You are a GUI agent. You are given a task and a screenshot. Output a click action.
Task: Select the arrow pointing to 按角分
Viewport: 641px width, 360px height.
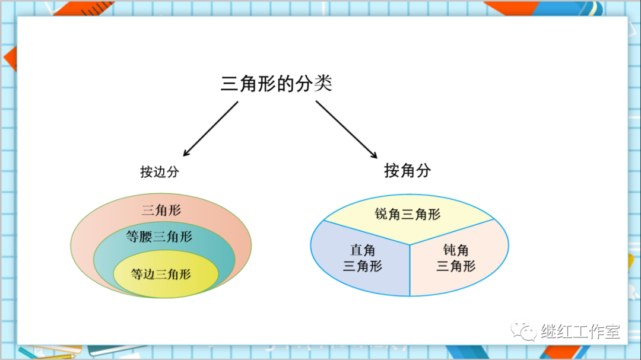347,129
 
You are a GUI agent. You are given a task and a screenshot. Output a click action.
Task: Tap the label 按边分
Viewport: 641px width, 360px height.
159,172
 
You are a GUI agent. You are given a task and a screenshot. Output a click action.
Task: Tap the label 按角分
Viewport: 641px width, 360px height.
407,171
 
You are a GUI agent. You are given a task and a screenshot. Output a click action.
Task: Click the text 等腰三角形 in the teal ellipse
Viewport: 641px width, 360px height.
159,237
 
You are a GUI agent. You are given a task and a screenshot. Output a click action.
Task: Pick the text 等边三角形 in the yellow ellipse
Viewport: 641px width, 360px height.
161,274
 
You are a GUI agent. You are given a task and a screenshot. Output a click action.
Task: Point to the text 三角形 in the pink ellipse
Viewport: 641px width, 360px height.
161,210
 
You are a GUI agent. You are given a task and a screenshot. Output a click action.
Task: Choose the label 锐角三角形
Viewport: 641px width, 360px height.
408,214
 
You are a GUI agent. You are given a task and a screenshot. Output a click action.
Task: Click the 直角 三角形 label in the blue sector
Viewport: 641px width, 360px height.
363,259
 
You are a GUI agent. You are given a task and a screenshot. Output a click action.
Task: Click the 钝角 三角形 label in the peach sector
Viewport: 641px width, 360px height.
456,259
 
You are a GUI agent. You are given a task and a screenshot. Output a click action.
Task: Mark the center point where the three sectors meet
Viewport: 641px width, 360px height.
410,244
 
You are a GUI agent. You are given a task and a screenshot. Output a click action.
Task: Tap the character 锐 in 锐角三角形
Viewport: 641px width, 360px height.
381,214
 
